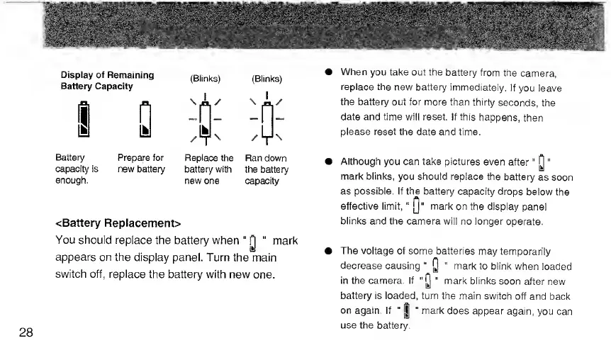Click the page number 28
[x=28, y=334]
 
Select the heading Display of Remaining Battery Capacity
[x=108, y=80]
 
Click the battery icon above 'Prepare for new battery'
[x=145, y=120]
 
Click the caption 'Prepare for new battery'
[x=141, y=164]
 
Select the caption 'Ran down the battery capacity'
[x=267, y=169]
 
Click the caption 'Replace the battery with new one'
[x=208, y=169]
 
